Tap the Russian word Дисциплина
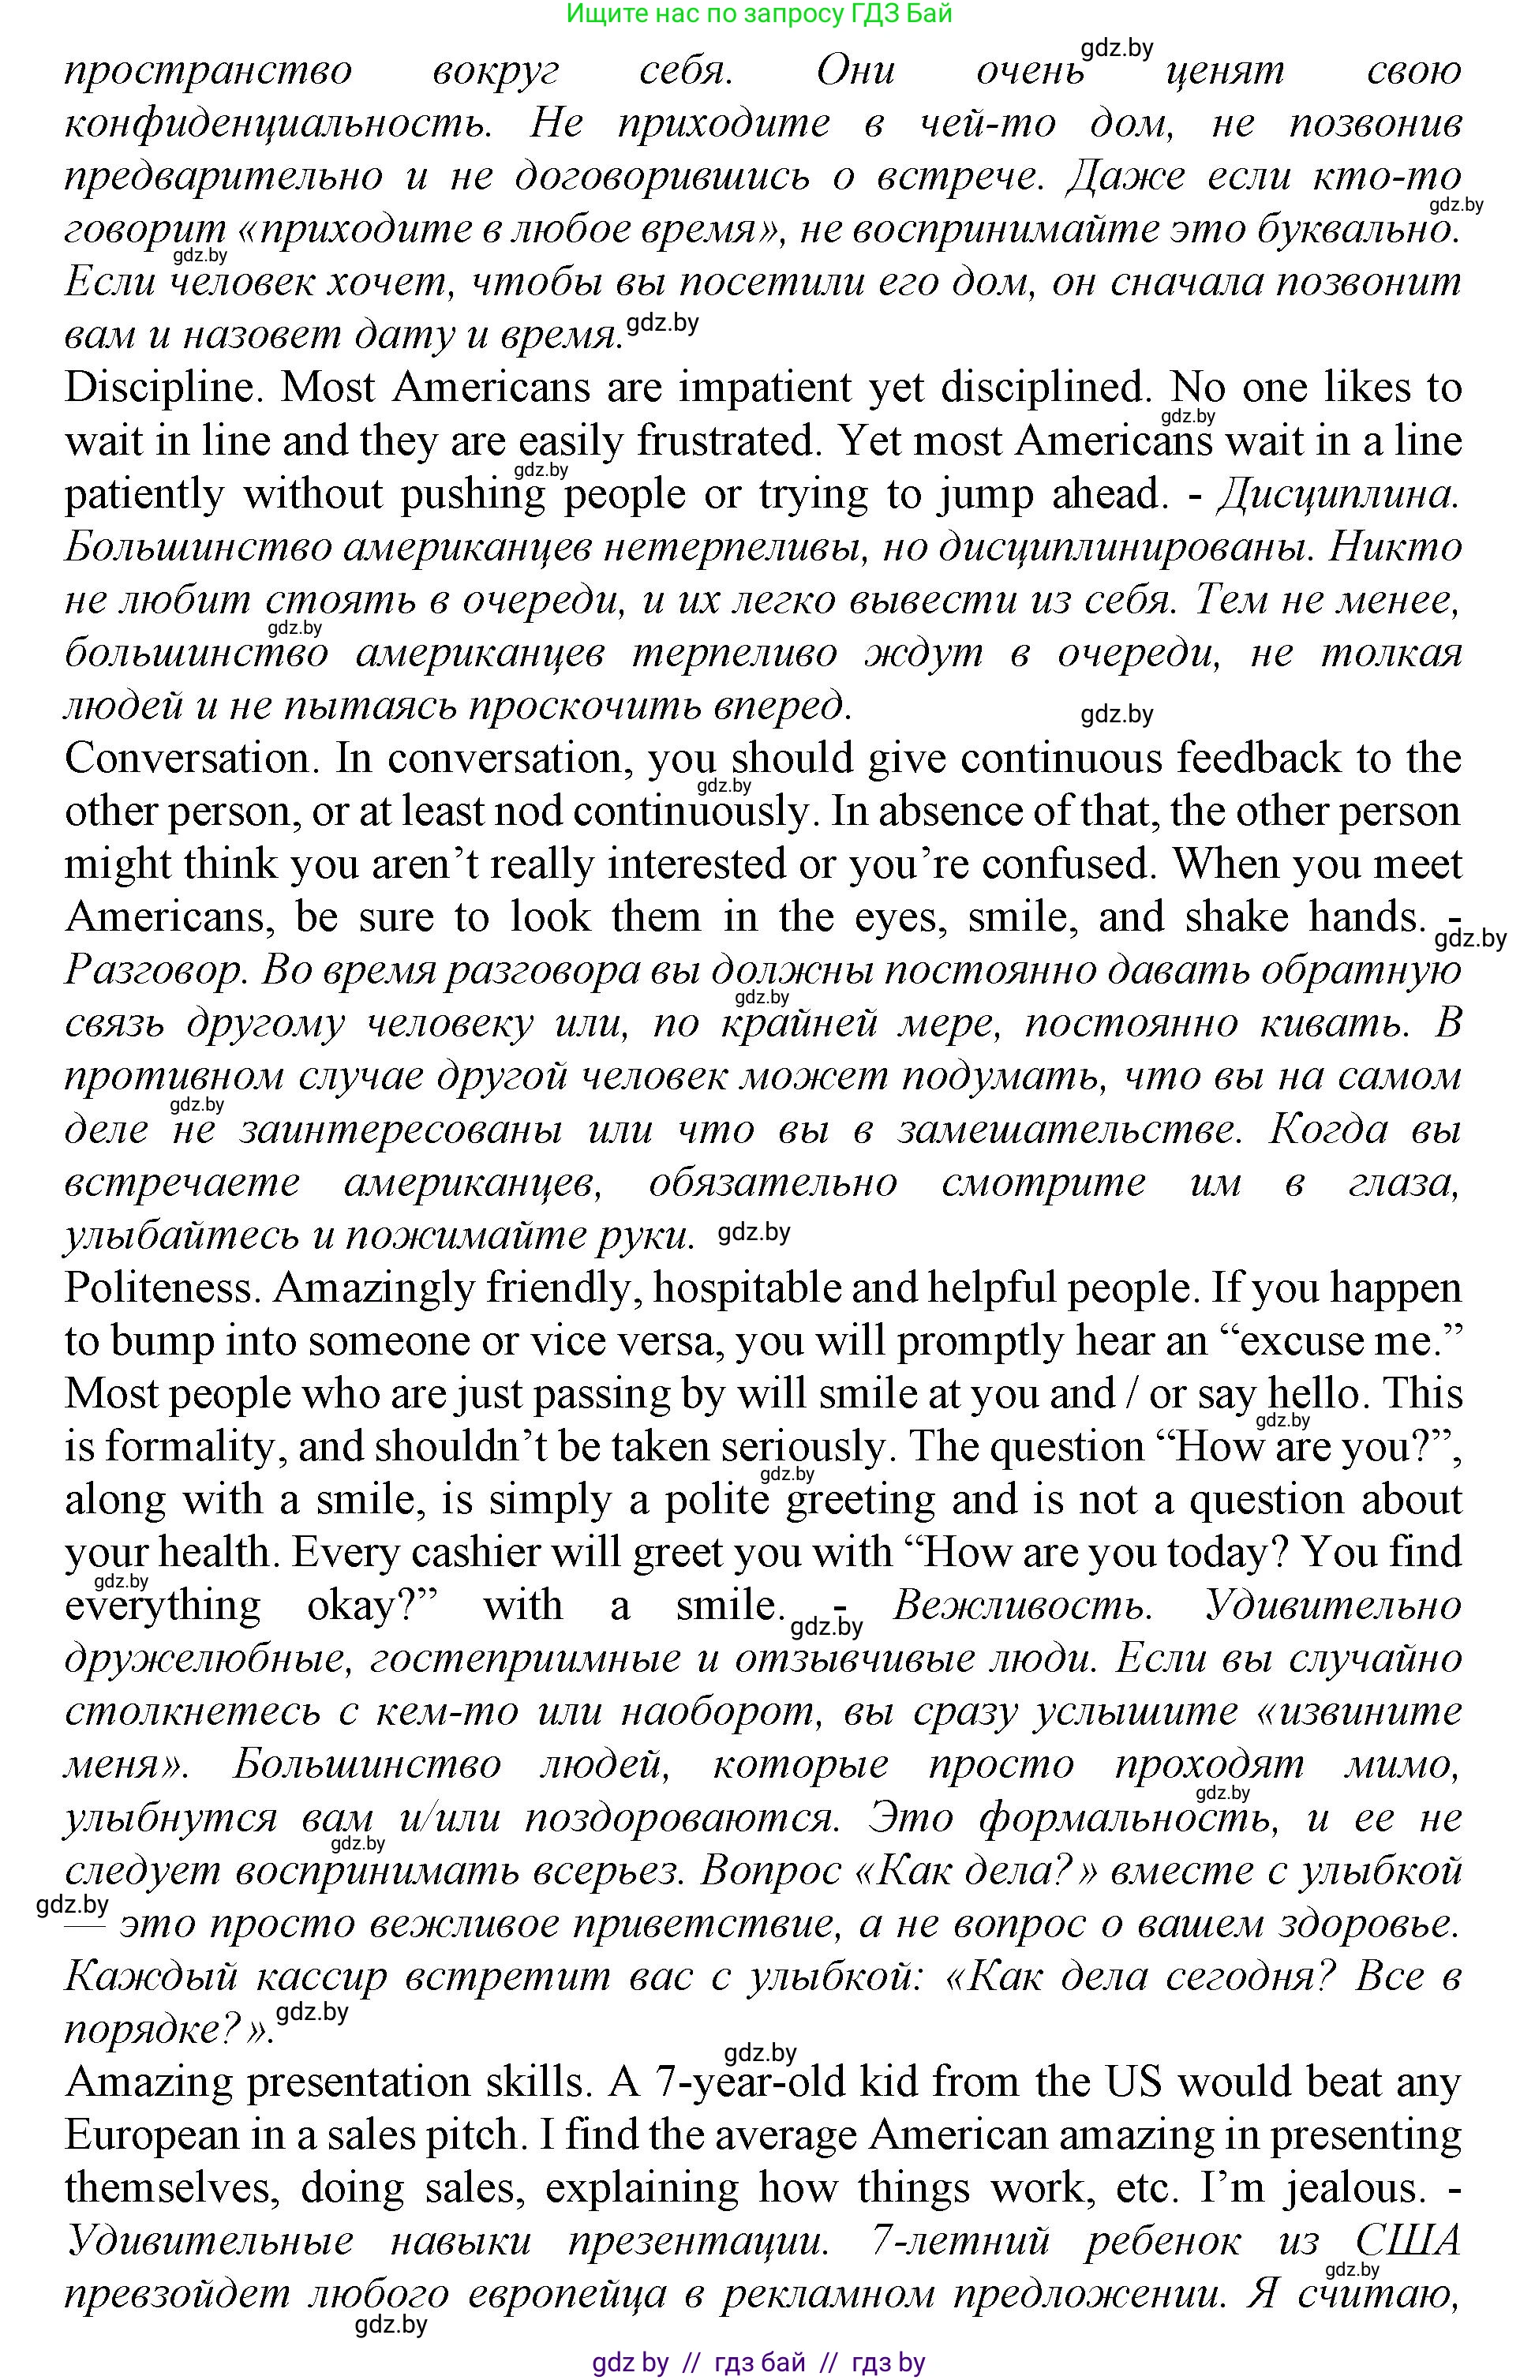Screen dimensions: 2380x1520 (x=1336, y=494)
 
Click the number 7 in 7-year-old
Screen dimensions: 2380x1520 (x=666, y=2082)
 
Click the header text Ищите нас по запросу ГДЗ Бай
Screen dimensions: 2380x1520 (x=759, y=14)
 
